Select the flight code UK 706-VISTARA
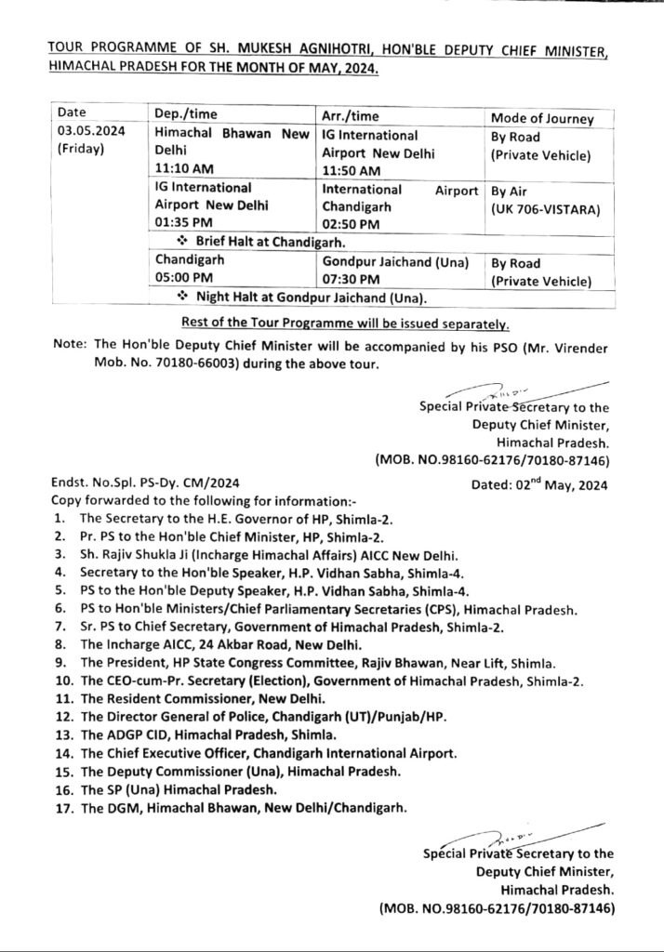click(x=545, y=209)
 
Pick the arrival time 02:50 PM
click(x=346, y=225)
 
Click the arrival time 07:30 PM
click(x=346, y=279)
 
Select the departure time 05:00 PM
click(x=180, y=278)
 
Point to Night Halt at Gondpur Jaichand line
click(x=303, y=297)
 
